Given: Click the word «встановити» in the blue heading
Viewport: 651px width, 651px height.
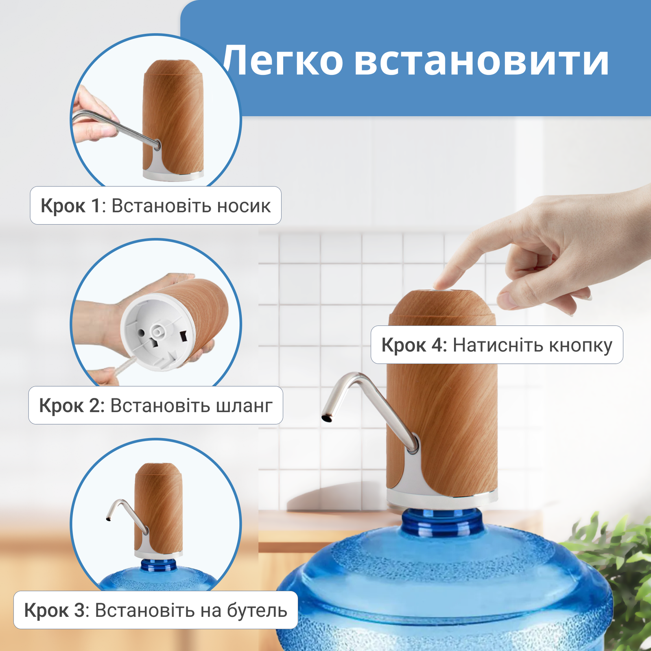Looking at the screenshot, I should tap(481, 61).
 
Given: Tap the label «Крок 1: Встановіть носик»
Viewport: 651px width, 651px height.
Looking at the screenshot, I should tap(155, 206).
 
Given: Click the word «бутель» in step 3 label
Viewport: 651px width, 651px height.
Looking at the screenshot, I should tap(257, 610).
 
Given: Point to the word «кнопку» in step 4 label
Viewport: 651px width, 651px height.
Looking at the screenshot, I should tap(581, 345).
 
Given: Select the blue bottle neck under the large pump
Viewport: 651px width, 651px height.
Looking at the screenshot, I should tap(443, 523).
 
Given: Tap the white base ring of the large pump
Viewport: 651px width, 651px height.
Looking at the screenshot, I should tap(441, 498).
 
